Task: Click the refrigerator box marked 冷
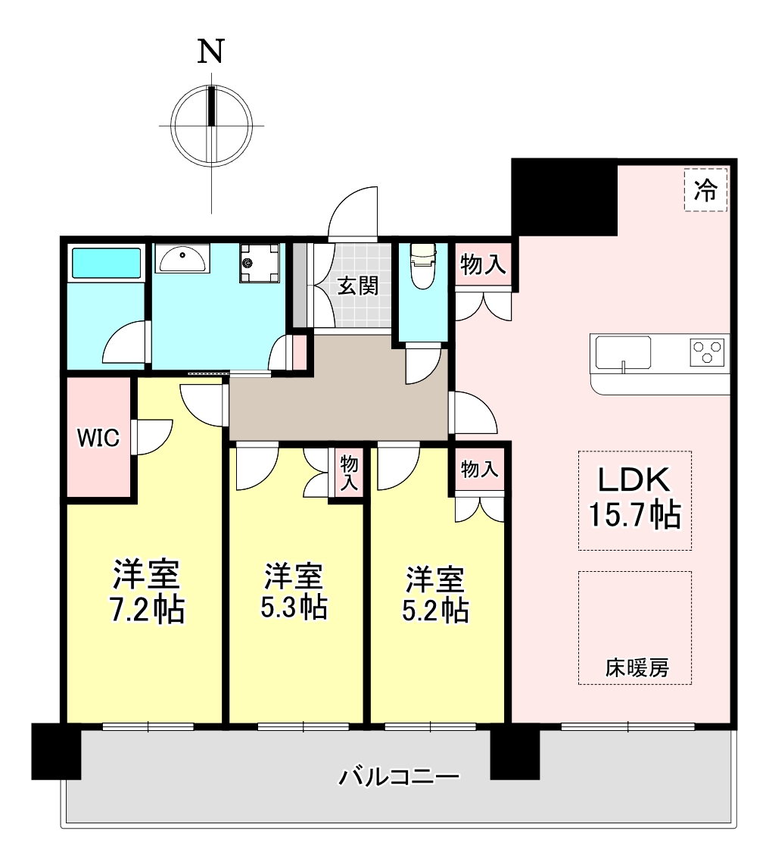pyautogui.click(x=705, y=190)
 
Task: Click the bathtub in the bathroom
pyautogui.click(x=107, y=263)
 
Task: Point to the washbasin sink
pyautogui.click(x=182, y=259)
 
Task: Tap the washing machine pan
pyautogui.click(x=259, y=264)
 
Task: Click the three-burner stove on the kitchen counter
pyautogui.click(x=707, y=352)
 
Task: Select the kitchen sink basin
pyautogui.click(x=623, y=352)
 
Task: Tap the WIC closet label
pyautogui.click(x=98, y=438)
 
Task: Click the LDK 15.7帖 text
pyautogui.click(x=634, y=497)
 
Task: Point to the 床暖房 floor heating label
pyautogui.click(x=637, y=668)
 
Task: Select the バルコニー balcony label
pyautogui.click(x=399, y=777)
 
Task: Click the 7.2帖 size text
pyautogui.click(x=147, y=609)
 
